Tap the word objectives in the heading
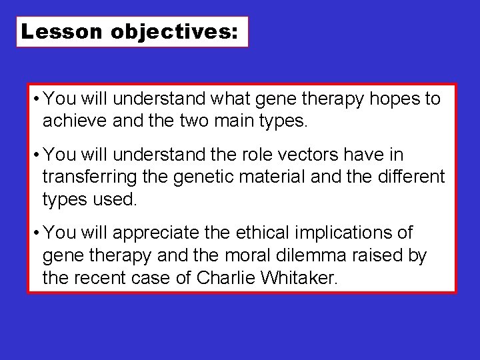click(x=174, y=32)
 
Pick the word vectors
click(x=327, y=155)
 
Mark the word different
click(x=405, y=177)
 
